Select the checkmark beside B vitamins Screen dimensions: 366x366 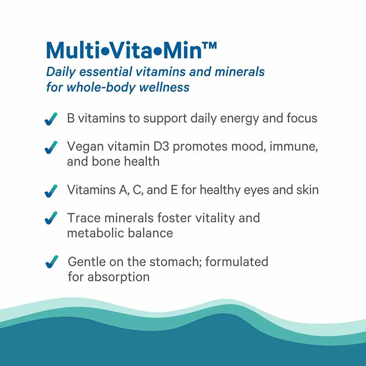(x=51, y=119)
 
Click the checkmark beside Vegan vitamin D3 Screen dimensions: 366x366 (x=51, y=147)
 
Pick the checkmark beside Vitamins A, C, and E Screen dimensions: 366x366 (x=51, y=190)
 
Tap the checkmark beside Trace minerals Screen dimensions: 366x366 (x=51, y=218)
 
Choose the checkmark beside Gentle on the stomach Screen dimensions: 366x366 (x=51, y=262)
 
